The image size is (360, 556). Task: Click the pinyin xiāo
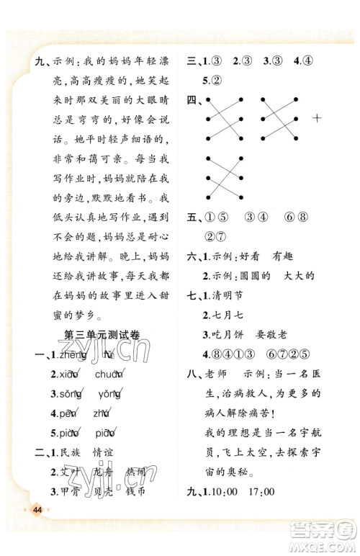click(x=69, y=373)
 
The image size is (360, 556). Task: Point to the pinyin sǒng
click(x=71, y=393)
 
